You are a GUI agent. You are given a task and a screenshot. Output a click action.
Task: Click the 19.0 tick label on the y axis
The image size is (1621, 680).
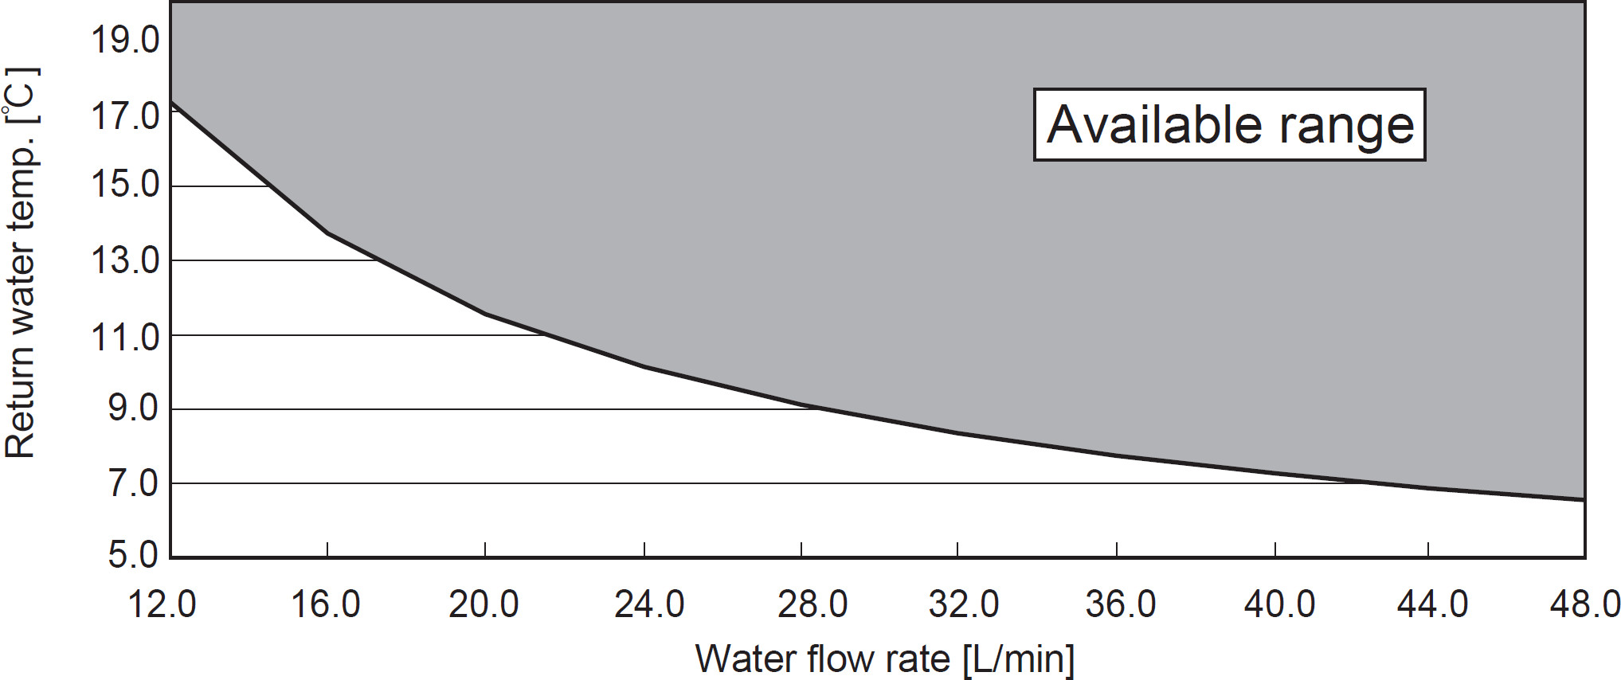click(x=125, y=40)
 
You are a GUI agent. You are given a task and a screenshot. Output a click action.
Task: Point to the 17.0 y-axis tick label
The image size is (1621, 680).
click(x=125, y=116)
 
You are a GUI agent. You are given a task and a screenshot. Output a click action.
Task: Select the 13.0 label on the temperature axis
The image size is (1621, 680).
click(x=125, y=260)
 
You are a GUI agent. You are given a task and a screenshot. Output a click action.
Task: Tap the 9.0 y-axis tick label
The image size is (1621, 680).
click(x=133, y=408)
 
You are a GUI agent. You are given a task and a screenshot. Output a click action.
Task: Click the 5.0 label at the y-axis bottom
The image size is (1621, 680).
click(x=133, y=554)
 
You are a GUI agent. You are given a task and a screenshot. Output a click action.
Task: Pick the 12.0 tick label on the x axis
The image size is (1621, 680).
click(x=162, y=604)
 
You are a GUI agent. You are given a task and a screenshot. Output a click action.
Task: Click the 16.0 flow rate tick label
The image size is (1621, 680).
click(x=325, y=604)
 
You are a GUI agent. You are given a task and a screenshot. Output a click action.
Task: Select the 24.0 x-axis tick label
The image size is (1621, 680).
click(x=648, y=604)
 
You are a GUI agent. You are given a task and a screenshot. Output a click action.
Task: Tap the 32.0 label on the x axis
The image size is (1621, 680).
click(x=964, y=604)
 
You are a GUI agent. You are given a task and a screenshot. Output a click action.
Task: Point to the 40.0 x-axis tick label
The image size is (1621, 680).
click(x=1279, y=604)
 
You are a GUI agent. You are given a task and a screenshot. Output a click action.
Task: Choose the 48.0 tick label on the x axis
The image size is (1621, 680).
click(x=1585, y=604)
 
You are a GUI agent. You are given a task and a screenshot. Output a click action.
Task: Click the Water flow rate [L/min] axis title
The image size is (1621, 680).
click(x=884, y=659)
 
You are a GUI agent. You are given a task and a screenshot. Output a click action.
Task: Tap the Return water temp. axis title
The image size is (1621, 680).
click(x=22, y=263)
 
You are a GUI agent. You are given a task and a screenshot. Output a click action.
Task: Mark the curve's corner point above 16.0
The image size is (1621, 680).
click(x=327, y=233)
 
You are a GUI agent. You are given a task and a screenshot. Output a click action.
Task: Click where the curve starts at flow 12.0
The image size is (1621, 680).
click(x=171, y=102)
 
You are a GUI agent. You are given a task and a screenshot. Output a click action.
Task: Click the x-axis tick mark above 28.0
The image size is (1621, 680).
click(x=801, y=549)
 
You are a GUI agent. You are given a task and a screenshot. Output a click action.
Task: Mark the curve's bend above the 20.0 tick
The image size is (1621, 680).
click(x=485, y=314)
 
